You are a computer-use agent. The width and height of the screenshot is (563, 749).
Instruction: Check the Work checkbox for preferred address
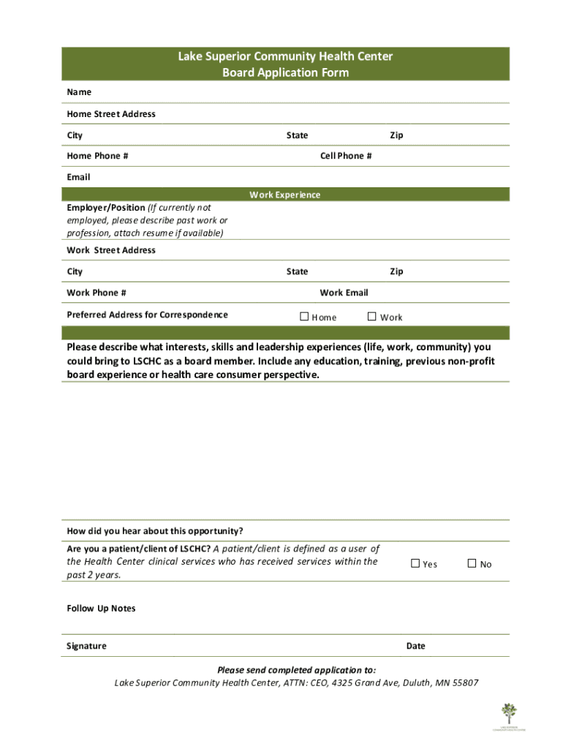coord(371,317)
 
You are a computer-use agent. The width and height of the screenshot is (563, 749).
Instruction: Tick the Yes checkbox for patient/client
coord(415,563)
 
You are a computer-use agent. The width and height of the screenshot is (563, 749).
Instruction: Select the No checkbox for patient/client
coord(472,563)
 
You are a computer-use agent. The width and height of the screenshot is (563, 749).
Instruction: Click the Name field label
coord(79,92)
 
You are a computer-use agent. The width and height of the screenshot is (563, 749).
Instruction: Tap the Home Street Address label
coord(111,114)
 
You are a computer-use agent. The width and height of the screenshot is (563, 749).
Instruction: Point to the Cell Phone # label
coord(346,156)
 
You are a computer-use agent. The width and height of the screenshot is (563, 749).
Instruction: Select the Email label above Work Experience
coord(78,177)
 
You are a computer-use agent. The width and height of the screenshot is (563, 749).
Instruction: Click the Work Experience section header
coord(285,195)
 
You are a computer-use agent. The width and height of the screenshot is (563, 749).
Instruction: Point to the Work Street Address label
coord(111,250)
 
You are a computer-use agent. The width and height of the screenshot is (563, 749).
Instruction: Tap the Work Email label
coord(344,293)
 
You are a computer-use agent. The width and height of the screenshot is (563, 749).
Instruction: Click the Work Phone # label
coord(97,293)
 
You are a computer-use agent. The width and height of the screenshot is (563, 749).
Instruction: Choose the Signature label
coord(86,646)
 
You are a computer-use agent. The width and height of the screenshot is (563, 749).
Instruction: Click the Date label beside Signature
coord(415,646)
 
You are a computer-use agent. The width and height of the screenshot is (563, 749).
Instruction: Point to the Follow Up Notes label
coord(101,609)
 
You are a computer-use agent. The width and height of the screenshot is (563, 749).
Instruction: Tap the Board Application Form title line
coord(285,72)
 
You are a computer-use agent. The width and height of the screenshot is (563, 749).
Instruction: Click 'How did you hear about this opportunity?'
coord(155,531)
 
